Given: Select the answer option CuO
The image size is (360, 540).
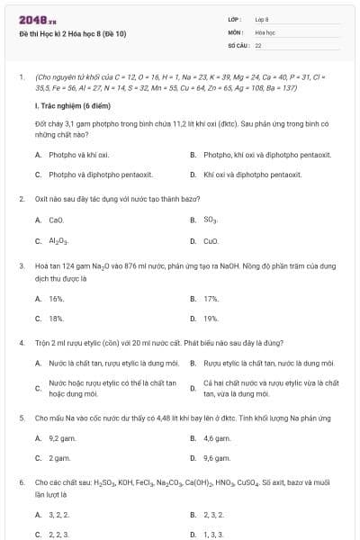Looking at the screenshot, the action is tap(211, 241).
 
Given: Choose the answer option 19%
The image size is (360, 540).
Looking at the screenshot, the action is tap(211, 318).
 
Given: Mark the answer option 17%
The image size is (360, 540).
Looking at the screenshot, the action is tap(211, 298).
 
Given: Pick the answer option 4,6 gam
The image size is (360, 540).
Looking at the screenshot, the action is tap(217, 438).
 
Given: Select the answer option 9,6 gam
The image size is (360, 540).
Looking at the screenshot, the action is tap(217, 458).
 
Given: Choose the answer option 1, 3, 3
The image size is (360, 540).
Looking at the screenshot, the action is tap(213, 534).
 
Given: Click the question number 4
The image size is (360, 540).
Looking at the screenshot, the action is tap(21, 343).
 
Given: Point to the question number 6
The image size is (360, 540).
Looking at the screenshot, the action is tap(21, 482).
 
